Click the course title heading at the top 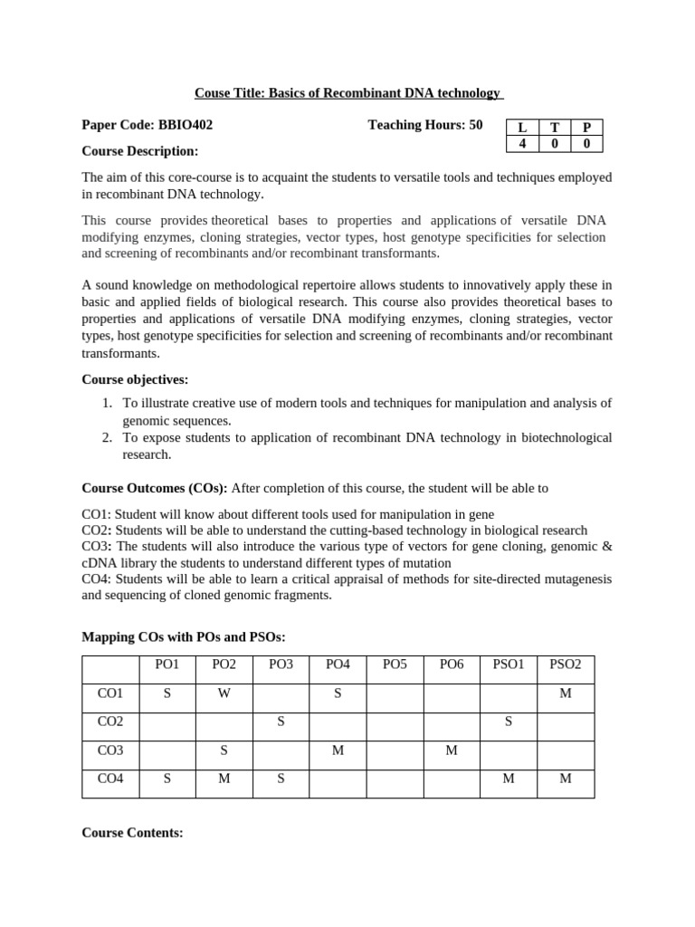pos(348,93)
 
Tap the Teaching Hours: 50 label pos(425,125)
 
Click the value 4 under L pos(521,143)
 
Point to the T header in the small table pos(554,129)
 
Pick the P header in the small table pos(586,129)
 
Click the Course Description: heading pos(140,150)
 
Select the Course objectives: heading pos(136,379)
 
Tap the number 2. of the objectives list pos(107,438)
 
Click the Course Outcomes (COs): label pos(155,488)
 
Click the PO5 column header pos(395,664)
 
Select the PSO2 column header pos(566,664)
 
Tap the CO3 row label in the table pos(110,750)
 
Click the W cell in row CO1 pos(224,693)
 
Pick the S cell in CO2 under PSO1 pos(509,722)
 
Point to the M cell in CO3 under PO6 pos(452,750)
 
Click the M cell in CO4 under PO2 pos(224,779)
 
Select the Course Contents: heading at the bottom pos(133,832)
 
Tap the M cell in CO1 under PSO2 pos(566,693)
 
